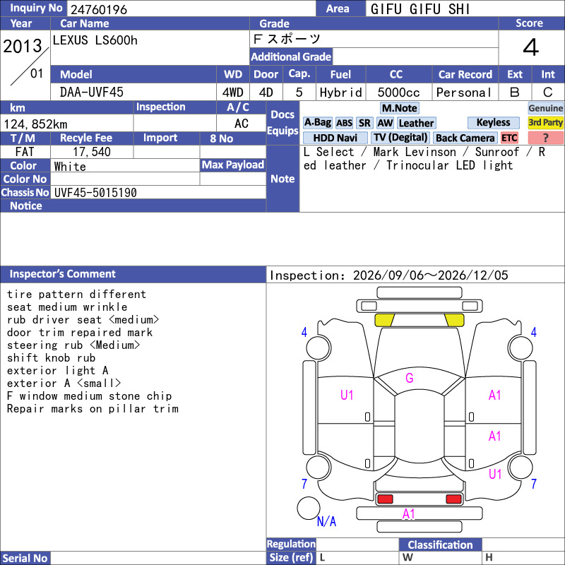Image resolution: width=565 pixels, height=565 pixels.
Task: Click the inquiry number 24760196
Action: (99, 9)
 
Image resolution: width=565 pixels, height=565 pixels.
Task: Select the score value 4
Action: (531, 47)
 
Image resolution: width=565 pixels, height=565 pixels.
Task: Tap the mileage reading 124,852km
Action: (35, 124)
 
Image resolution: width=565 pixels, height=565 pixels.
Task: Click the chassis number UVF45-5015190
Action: (95, 192)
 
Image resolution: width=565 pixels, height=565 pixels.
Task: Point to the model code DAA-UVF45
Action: (92, 93)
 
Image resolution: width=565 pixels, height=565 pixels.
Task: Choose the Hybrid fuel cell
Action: (341, 93)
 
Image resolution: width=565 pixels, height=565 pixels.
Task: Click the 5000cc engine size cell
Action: (398, 93)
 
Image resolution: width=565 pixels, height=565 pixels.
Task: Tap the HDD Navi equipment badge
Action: (335, 138)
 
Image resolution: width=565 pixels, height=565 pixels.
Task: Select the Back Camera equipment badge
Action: (465, 138)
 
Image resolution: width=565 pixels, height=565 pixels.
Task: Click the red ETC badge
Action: (509, 138)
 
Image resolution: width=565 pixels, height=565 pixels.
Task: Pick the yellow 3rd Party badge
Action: (545, 122)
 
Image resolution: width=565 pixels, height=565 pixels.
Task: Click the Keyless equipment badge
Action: (493, 122)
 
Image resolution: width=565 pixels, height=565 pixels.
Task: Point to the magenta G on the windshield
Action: (410, 378)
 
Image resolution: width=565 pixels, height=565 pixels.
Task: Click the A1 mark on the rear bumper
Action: (409, 513)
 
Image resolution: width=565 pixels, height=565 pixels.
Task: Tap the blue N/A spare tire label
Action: (326, 521)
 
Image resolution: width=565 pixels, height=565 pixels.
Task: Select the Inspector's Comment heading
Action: (63, 274)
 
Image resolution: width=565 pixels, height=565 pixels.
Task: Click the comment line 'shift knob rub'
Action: (51, 358)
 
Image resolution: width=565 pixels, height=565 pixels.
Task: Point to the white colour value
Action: (70, 167)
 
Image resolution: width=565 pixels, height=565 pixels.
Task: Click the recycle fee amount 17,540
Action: (92, 152)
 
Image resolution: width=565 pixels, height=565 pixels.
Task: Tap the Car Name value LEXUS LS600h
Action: (95, 40)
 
